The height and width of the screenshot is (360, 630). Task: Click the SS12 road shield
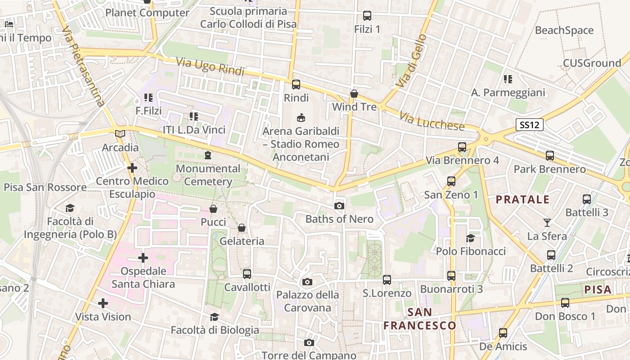coord(529,125)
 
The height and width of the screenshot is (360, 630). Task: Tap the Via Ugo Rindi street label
coord(210,66)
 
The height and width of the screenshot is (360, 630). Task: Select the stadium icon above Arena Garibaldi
coord(301,118)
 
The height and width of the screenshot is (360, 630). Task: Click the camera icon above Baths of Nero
coord(339,206)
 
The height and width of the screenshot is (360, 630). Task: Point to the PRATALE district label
coord(522,199)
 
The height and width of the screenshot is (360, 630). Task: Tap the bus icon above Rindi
coord(296,84)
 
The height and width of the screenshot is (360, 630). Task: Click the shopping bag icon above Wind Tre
coord(354,94)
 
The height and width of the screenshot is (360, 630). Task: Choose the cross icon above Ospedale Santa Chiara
coord(143,258)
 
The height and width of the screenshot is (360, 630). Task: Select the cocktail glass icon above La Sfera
coord(547,222)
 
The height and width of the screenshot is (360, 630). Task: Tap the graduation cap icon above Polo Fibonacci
coord(471,238)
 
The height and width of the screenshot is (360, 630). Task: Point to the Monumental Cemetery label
coord(208,175)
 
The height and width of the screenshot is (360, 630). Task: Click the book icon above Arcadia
coord(120,134)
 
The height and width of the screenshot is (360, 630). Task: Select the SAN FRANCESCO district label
coord(420,319)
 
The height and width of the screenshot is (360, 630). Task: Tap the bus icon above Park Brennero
coord(550,156)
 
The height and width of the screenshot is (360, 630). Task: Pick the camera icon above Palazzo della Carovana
coord(307,282)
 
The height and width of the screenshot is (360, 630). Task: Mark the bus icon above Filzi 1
coord(367,16)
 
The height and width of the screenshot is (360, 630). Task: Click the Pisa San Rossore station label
coord(45,187)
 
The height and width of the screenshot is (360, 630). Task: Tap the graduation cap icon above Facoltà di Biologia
coord(215,317)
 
